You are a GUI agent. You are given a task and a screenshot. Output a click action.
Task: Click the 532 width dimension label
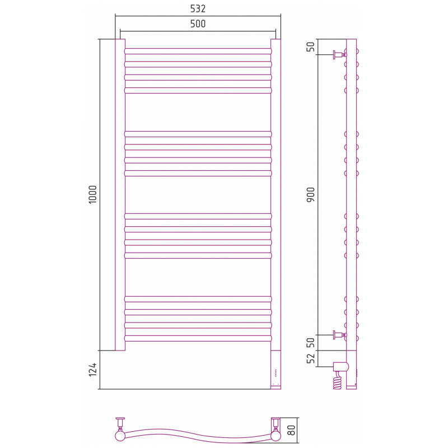click(198, 9)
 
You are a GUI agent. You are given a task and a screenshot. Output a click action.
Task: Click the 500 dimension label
click(198, 24)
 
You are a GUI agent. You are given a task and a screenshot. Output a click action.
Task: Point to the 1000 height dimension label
click(92, 194)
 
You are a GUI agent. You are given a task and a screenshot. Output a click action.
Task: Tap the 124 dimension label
click(92, 370)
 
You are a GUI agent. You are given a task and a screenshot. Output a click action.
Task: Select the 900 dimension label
click(311, 195)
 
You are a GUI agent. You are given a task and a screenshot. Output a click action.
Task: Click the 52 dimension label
click(311, 358)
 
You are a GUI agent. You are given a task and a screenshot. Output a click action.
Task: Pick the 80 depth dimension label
click(291, 430)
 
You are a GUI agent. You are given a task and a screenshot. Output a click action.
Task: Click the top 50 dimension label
click(311, 46)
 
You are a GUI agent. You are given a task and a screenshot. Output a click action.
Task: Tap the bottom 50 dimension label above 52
click(311, 343)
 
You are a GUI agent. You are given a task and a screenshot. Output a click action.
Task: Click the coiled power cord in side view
click(338, 380)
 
